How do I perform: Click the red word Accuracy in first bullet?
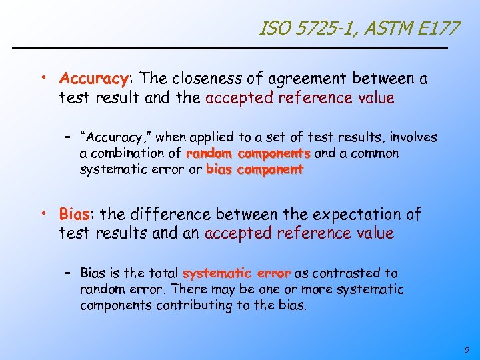[x=93, y=79]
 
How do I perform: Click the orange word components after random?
[x=274, y=153]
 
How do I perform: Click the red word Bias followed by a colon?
[x=74, y=215]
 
